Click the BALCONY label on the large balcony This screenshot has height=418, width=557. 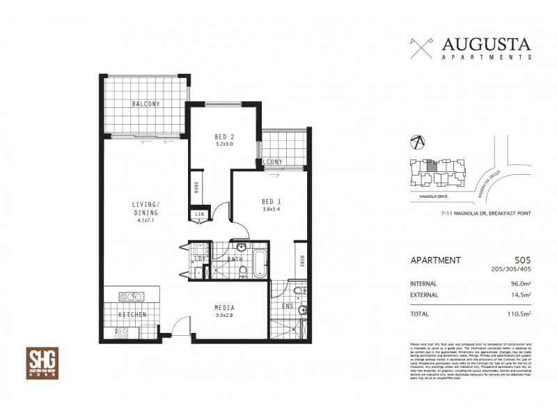click(x=146, y=104)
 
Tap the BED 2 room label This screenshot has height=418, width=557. click(x=223, y=137)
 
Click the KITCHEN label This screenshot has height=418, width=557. click(x=132, y=315)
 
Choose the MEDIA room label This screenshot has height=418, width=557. click(x=223, y=307)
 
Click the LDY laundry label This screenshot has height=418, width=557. click(x=198, y=259)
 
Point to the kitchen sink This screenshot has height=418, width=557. click(x=131, y=297)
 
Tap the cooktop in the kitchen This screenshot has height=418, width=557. click(x=120, y=332)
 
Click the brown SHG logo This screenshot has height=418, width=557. click(x=42, y=363)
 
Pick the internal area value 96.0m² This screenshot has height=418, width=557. click(x=520, y=284)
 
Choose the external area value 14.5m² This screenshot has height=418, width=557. click(x=520, y=295)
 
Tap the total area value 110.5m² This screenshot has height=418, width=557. click(x=519, y=314)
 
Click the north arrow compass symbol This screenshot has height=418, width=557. click(x=416, y=141)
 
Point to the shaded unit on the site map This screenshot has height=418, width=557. click(x=432, y=165)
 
